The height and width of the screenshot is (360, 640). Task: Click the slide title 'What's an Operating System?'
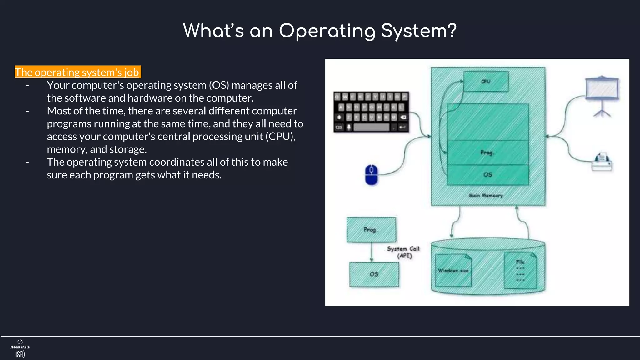point(320,31)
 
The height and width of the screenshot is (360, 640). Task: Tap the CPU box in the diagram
point(486,81)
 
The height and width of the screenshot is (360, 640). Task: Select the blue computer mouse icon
point(371,175)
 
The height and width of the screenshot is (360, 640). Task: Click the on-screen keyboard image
point(371,112)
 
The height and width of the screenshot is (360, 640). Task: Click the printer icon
point(602,162)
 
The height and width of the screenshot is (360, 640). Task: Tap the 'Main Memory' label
point(486,195)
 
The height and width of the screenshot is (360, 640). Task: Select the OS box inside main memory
point(488,175)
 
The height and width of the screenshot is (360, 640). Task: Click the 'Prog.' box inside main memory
point(487,152)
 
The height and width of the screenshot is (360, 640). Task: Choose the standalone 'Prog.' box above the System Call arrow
point(371,230)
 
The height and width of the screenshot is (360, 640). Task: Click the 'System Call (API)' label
point(403,252)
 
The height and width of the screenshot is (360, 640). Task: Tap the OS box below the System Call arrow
point(374,274)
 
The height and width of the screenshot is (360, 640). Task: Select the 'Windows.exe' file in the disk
point(453,271)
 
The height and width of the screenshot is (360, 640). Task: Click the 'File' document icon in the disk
point(520,271)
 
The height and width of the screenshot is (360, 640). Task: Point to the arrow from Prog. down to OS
point(371,252)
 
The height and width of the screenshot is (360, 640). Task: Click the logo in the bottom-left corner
point(20,348)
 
